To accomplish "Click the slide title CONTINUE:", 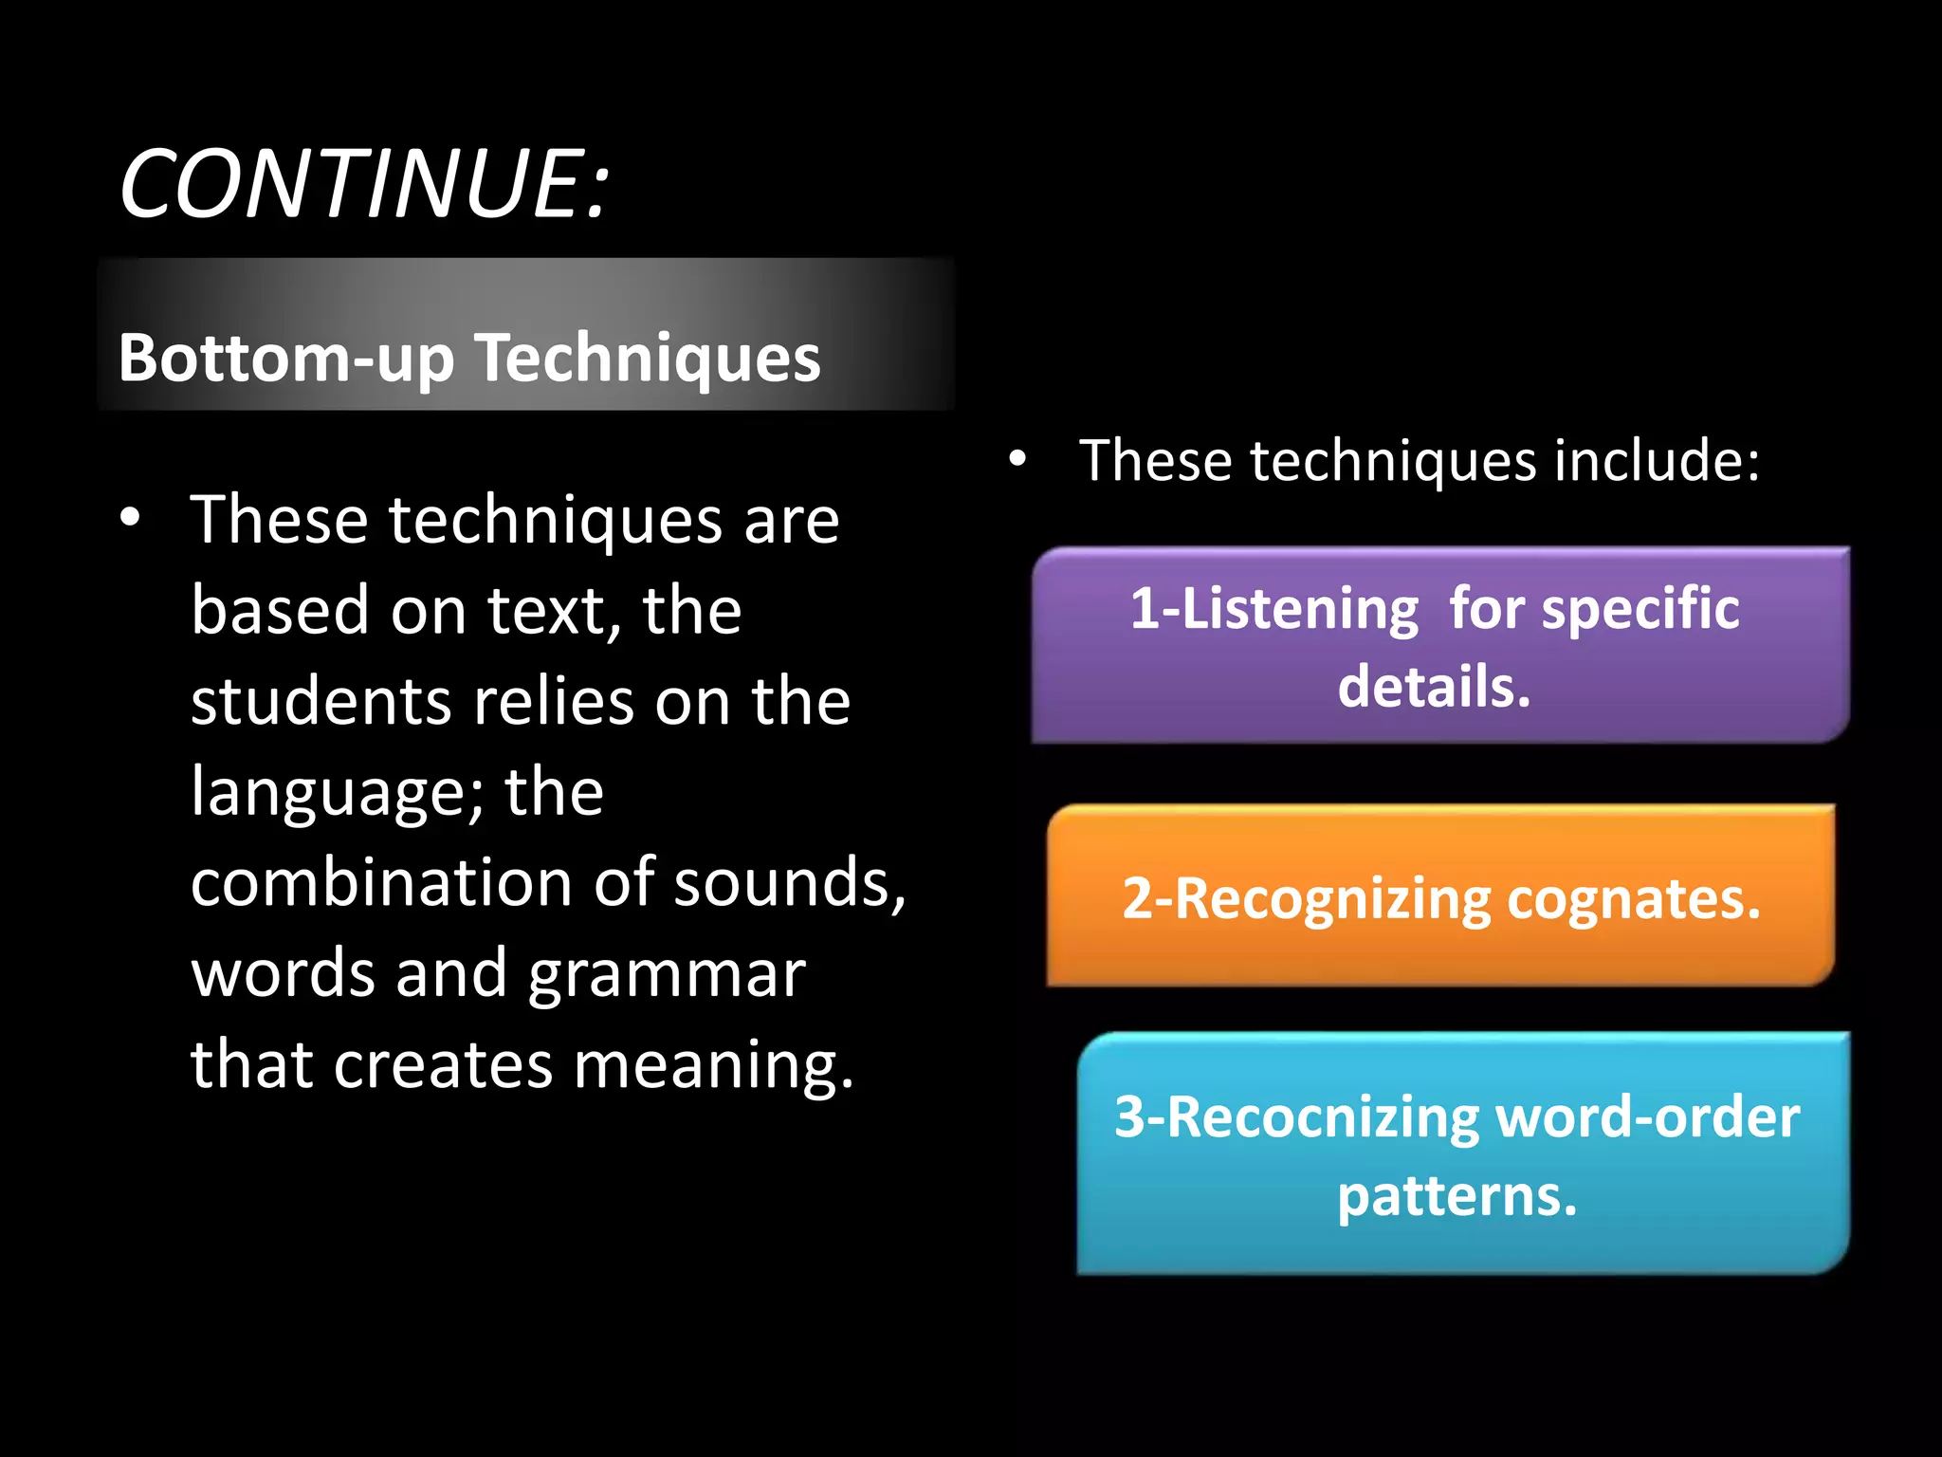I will pos(364,184).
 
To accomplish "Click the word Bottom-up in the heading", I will pos(285,359).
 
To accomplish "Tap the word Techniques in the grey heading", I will pos(648,359).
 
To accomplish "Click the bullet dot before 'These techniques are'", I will pos(130,518).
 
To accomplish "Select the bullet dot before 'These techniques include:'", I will pos(1017,459).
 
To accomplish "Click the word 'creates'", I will pos(443,1064).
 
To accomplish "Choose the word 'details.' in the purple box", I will pos(1434,687).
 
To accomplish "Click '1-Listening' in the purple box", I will pos(1274,609).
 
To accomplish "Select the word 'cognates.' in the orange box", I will pos(1633,899).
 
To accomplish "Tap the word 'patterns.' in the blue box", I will pos(1456,1197).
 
